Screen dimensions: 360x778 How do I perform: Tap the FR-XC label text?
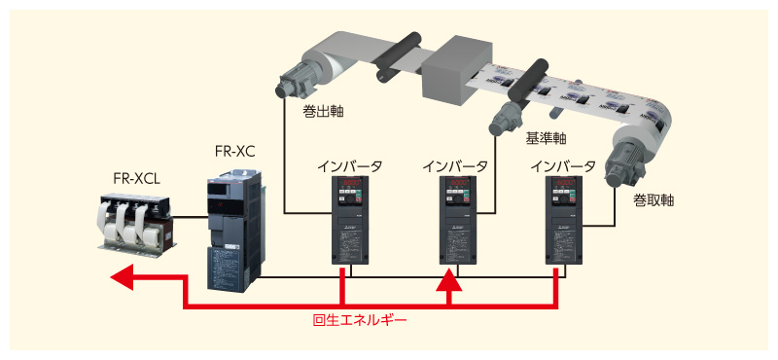pyautogui.click(x=235, y=151)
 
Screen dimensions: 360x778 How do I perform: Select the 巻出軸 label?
pyautogui.click(x=322, y=112)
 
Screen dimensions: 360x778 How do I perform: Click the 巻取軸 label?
pyautogui.click(x=654, y=200)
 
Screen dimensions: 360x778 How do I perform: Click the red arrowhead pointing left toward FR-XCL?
pyautogui.click(x=122, y=279)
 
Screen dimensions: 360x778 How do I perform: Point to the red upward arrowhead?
pyautogui.click(x=448, y=281)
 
